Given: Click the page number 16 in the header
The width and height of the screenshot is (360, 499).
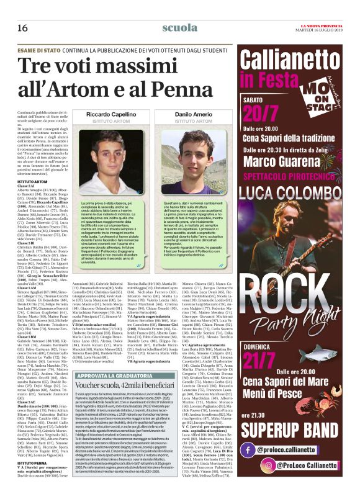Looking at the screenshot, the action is coord(22,28).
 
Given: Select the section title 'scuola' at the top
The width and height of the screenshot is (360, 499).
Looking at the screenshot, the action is coord(179,28).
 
